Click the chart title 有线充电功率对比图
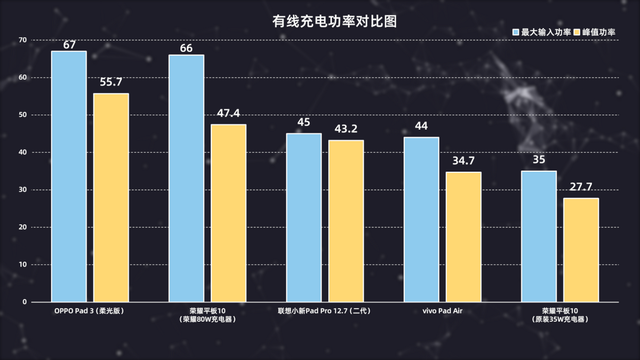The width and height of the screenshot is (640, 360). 319,19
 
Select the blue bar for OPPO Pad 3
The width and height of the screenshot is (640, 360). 69,176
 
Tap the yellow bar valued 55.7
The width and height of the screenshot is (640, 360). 111,197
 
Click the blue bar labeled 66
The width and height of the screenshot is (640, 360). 186,178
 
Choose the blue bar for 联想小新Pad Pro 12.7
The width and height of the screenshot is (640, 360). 304,217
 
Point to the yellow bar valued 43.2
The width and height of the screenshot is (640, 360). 346,220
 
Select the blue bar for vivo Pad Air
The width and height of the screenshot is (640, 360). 421,219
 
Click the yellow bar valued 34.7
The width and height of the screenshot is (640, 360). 463,236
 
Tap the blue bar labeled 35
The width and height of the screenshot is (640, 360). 539,235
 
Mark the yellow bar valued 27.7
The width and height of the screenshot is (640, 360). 581,249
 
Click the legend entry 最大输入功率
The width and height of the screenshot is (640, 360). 546,32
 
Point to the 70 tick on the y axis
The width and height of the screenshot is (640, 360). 22,40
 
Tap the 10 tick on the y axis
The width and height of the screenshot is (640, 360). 22,264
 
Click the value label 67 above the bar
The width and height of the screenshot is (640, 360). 69,44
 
